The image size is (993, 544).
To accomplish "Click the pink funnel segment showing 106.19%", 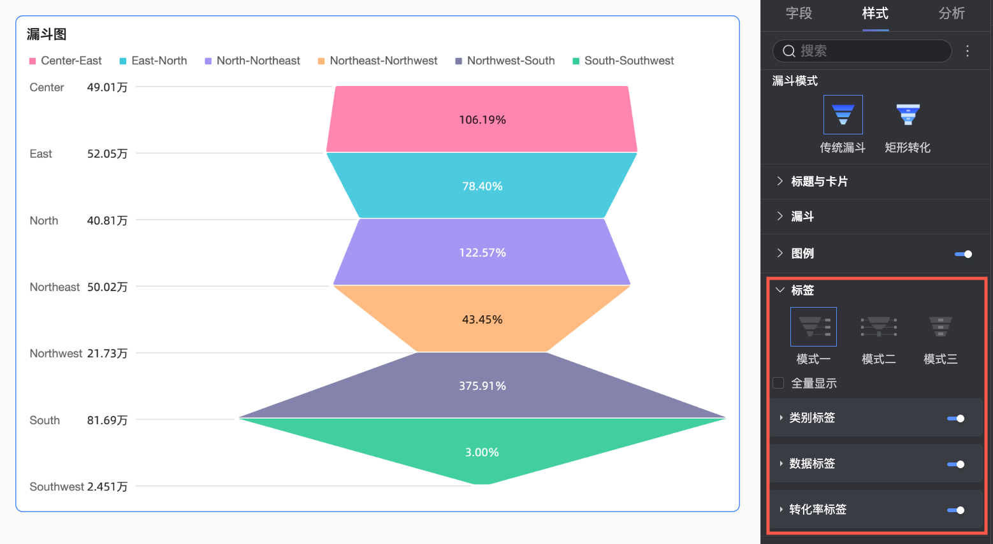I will [482, 120].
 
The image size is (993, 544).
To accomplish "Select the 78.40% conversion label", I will [482, 186].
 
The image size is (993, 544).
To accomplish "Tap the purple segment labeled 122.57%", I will [482, 253].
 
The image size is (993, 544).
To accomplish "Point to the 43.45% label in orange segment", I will [482, 319].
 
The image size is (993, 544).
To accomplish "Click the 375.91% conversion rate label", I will [482, 386].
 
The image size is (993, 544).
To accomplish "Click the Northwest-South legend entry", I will [505, 61].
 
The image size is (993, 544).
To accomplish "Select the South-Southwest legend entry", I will [623, 61].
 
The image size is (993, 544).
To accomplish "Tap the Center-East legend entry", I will [66, 61].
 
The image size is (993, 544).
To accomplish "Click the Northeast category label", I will [55, 287].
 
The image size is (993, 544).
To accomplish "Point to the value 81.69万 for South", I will [107, 420].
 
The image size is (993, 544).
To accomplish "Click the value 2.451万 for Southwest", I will [107, 487].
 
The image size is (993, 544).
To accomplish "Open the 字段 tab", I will [799, 13].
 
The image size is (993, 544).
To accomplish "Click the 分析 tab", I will [952, 13].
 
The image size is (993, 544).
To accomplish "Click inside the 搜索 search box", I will [867, 51].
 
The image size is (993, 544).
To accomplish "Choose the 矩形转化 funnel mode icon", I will [908, 115].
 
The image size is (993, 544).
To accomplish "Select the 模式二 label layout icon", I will [878, 326].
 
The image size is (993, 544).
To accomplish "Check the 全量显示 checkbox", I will [778, 383].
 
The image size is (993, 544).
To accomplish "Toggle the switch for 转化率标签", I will [956, 510].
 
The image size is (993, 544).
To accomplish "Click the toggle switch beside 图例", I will [963, 254].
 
